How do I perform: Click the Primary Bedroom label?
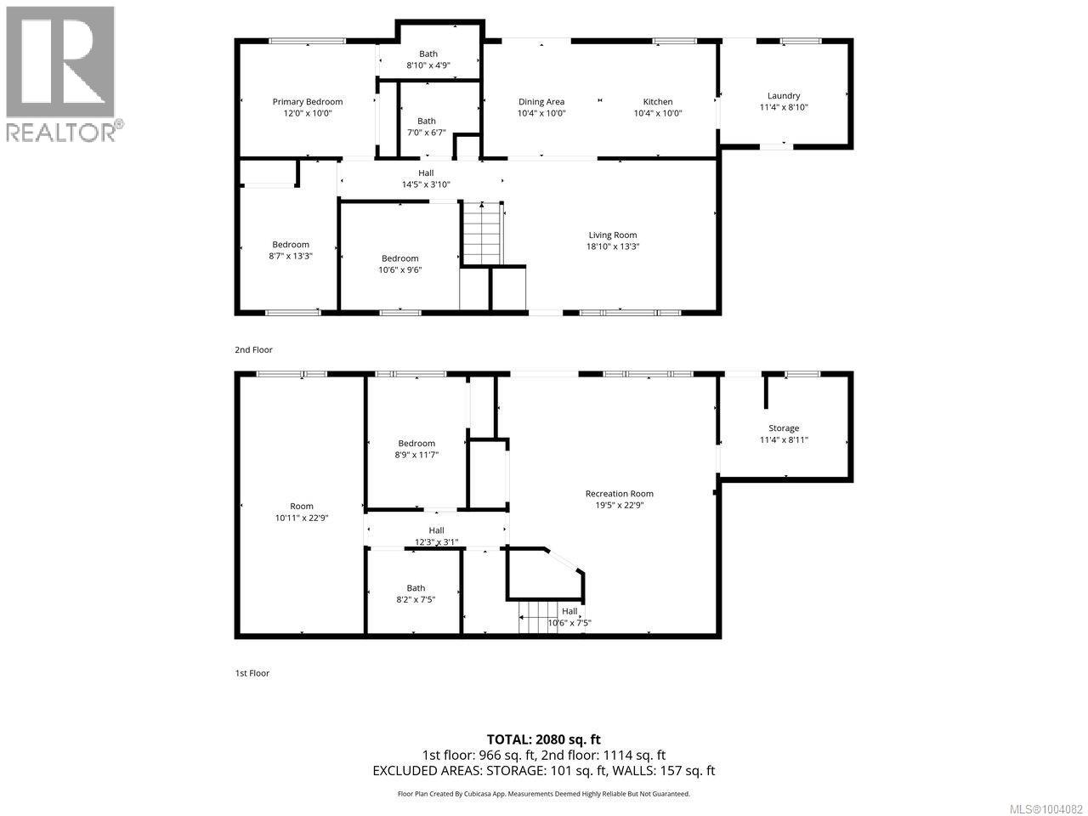tap(307, 101)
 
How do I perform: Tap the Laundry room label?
tap(783, 96)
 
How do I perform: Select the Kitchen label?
tap(657, 102)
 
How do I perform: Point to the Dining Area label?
tap(541, 102)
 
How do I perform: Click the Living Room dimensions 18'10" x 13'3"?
tap(613, 246)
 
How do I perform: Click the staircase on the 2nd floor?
tap(482, 234)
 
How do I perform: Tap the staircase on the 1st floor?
tap(538, 617)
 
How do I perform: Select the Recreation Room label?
tap(619, 493)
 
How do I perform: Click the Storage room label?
tap(783, 428)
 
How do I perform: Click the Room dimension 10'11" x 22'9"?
tap(301, 518)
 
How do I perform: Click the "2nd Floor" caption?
tap(253, 349)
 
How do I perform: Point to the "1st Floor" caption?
tap(252, 673)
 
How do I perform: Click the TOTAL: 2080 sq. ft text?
tap(543, 739)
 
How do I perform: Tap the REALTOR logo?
tap(61, 72)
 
